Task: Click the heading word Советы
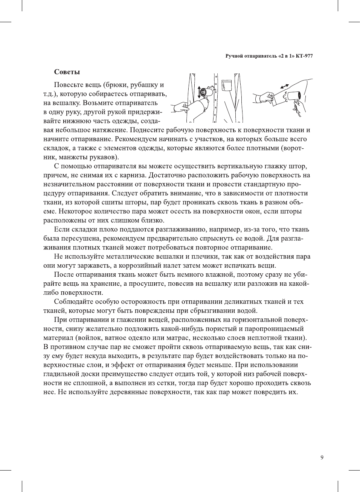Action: coord(67,72)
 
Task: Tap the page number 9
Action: coord(322,457)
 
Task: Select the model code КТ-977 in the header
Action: coord(304,56)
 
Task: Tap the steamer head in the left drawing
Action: coord(206,92)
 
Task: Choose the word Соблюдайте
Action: coord(73,302)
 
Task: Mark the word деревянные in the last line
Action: coord(127,392)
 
